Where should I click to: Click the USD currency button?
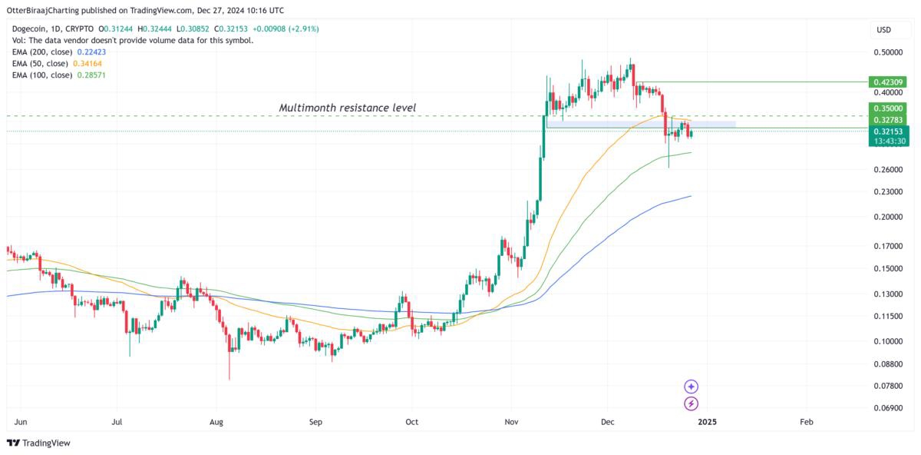click(x=884, y=30)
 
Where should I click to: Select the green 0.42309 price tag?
click(x=889, y=81)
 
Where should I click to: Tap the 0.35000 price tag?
click(x=889, y=109)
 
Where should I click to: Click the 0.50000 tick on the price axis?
click(x=887, y=52)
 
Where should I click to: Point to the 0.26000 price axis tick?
click(x=887, y=169)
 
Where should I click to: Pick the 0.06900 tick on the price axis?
click(x=887, y=407)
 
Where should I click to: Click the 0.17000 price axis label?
click(x=887, y=246)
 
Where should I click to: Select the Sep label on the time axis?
click(x=315, y=422)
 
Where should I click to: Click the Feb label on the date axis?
click(x=807, y=422)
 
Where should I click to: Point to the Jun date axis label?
click(x=21, y=422)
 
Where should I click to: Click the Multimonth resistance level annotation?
click(x=347, y=108)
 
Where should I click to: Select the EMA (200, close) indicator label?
click(x=42, y=52)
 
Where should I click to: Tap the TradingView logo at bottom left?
click(x=38, y=443)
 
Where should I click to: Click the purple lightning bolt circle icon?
click(x=692, y=404)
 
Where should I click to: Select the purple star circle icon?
click(x=692, y=387)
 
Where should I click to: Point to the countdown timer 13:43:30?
click(x=889, y=141)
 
